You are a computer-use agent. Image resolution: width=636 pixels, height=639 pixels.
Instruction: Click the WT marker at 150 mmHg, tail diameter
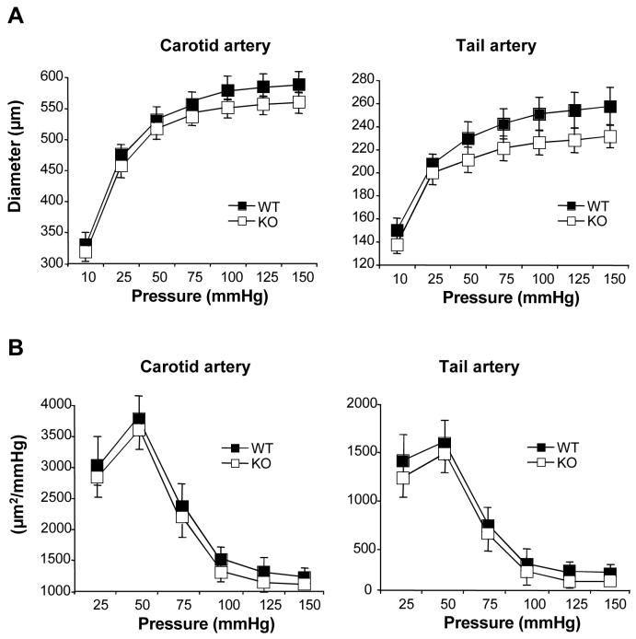point(607,106)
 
